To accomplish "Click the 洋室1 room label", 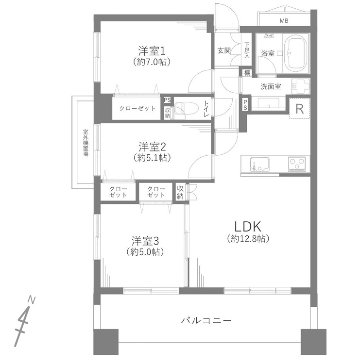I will (x=153, y=50).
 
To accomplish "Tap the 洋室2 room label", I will (x=153, y=146).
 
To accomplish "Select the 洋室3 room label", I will (x=146, y=240).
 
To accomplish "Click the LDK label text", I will (x=248, y=226).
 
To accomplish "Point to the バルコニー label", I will (x=206, y=321).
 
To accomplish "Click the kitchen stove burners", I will (x=298, y=164).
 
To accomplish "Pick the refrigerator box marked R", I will (x=299, y=108).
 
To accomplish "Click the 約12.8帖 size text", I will (x=248, y=239).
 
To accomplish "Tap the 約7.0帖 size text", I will (x=153, y=62).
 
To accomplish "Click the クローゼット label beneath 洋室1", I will (x=137, y=108).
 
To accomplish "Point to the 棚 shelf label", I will (x=247, y=73).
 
